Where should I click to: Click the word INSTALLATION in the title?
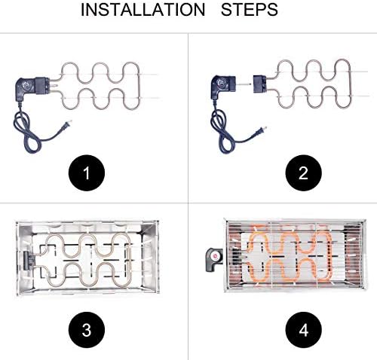pyautogui.click(x=143, y=10)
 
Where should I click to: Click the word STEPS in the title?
pyautogui.click(x=250, y=10)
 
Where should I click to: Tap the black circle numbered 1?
pyautogui.click(x=87, y=173)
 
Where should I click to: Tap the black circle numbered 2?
pyautogui.click(x=303, y=173)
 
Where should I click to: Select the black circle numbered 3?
pyautogui.click(x=87, y=330)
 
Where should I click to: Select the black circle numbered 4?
pyautogui.click(x=303, y=330)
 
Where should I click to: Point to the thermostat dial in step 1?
pyautogui.click(x=26, y=84)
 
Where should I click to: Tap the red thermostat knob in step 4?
pyautogui.click(x=215, y=256)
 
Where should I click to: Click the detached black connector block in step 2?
pyautogui.click(x=259, y=84)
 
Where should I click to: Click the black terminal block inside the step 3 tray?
pyautogui.click(x=28, y=261)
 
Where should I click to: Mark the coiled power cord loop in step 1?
pyautogui.click(x=26, y=133)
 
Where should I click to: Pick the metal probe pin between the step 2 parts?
pyautogui.click(x=244, y=84)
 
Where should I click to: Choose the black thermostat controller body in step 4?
pyautogui.click(x=214, y=260)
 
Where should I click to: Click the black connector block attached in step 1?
pyautogui.click(x=42, y=86)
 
